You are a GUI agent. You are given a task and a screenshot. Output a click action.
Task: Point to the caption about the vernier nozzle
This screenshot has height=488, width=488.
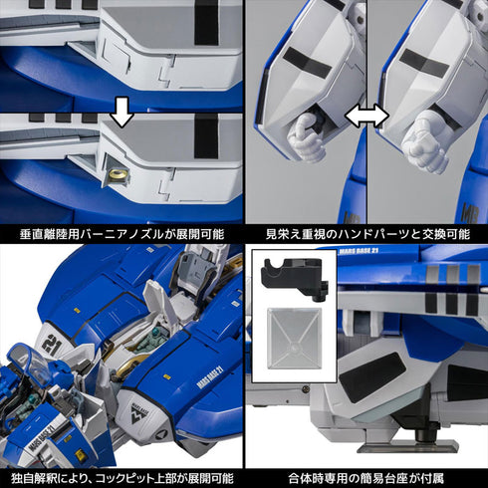click(x=122, y=235)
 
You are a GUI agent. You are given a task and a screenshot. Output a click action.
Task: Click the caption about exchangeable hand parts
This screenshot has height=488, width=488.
click(x=366, y=235)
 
